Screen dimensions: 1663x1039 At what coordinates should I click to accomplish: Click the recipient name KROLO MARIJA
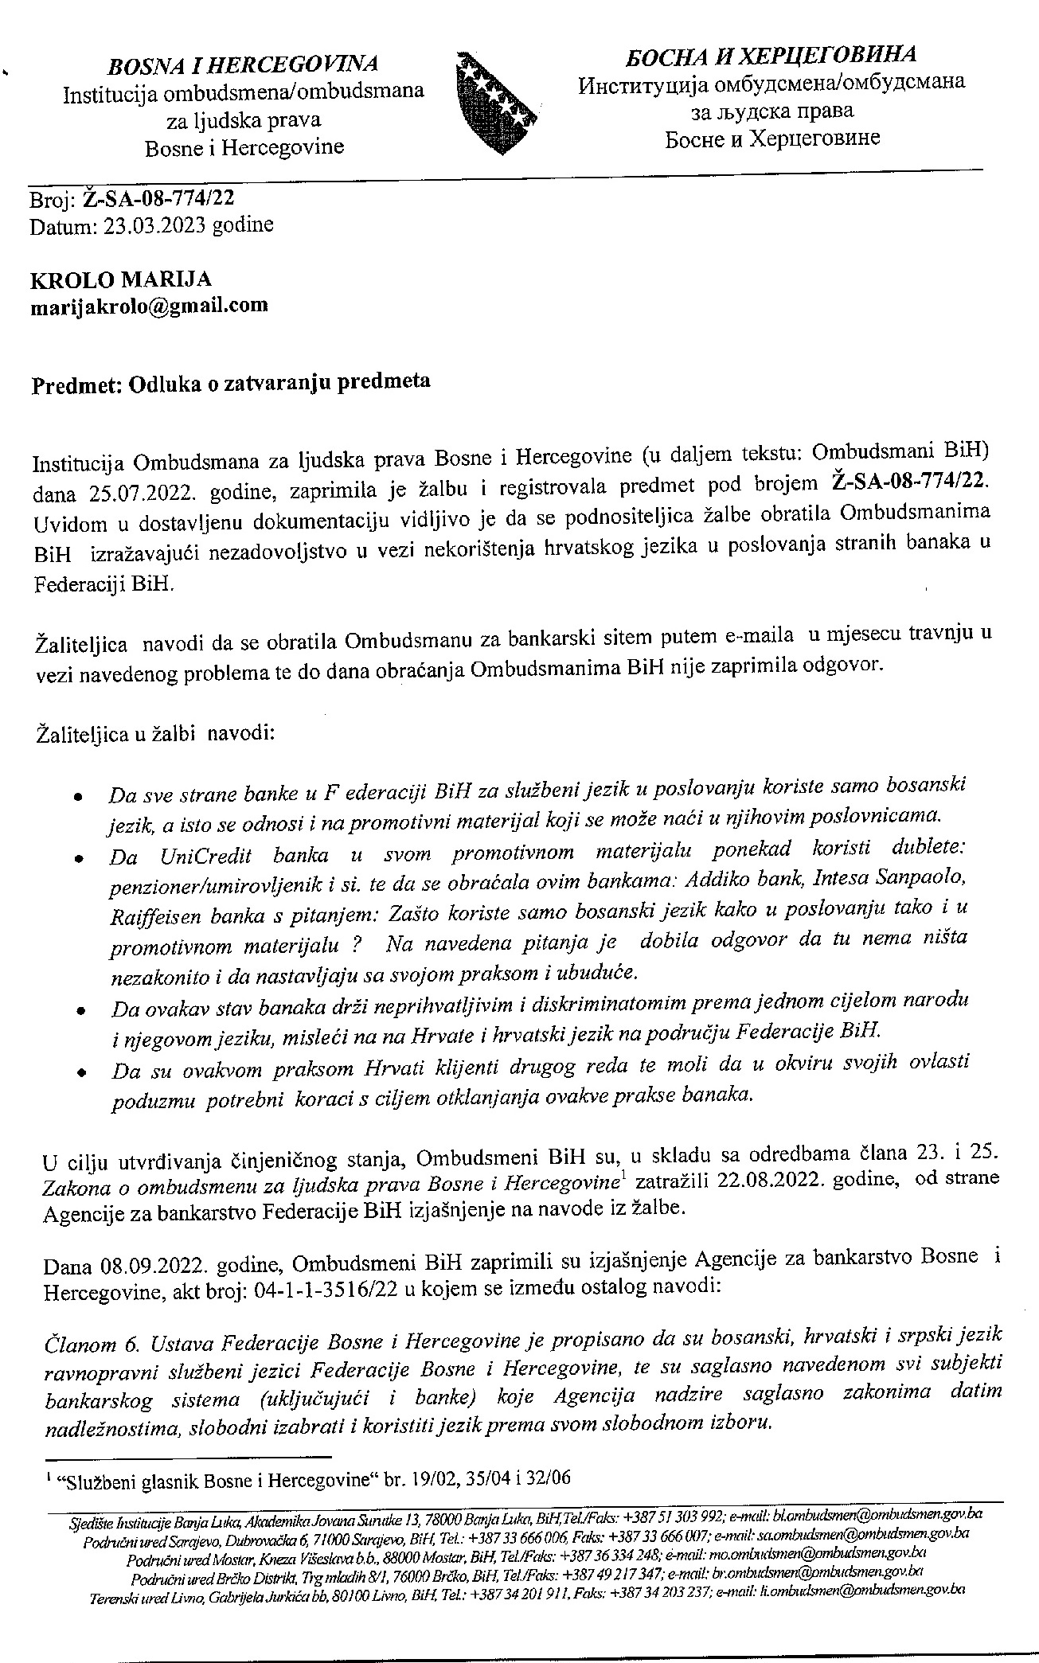[121, 280]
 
